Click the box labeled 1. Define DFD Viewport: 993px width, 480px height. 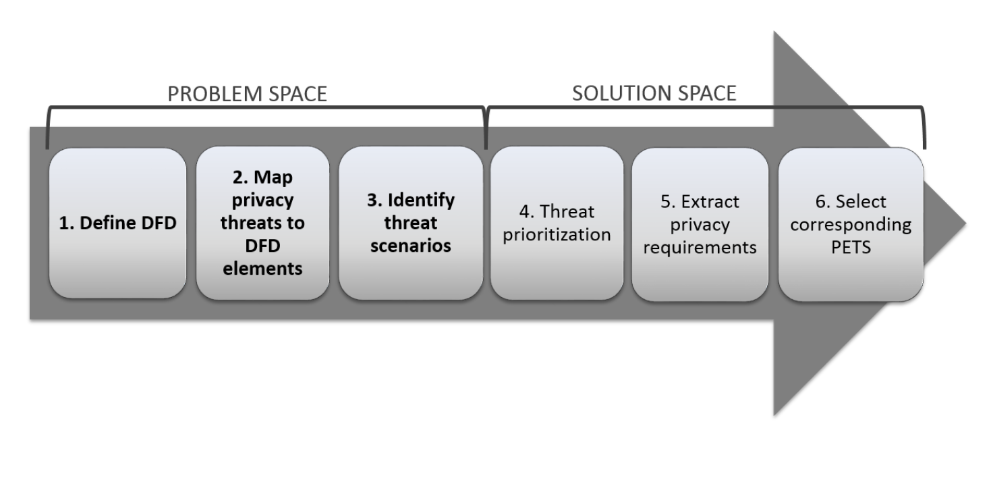pyautogui.click(x=117, y=223)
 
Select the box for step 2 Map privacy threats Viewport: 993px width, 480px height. pyautogui.click(x=262, y=223)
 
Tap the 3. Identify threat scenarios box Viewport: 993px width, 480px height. pyautogui.click(x=410, y=223)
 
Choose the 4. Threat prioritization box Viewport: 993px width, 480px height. pyautogui.click(x=557, y=223)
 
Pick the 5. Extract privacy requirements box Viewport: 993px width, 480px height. pyautogui.click(x=700, y=223)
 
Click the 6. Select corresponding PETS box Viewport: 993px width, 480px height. pyautogui.click(x=851, y=223)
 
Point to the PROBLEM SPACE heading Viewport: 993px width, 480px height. pyautogui.click(x=247, y=94)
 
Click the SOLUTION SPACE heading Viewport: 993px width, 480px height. pyautogui.click(x=654, y=93)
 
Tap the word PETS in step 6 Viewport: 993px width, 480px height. pyautogui.click(x=851, y=248)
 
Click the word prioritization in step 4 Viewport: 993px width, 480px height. pyautogui.click(x=557, y=236)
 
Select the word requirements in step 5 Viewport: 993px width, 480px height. pyautogui.click(x=700, y=248)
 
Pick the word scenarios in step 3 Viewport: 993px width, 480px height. pyautogui.click(x=411, y=245)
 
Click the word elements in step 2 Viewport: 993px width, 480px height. pyautogui.click(x=263, y=268)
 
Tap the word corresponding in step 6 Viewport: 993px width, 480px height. pyautogui.click(x=851, y=225)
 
